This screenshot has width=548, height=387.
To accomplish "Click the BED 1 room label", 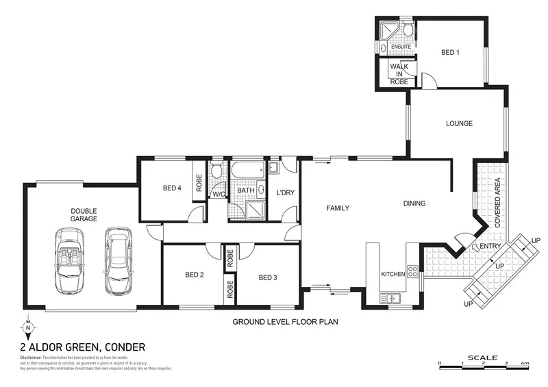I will (x=450, y=52).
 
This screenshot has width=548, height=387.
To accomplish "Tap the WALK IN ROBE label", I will (x=399, y=74).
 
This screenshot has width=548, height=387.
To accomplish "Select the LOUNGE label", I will (x=459, y=124).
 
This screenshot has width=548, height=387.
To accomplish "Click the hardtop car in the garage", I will (x=117, y=260).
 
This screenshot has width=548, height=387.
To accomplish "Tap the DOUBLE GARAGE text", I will (x=83, y=215).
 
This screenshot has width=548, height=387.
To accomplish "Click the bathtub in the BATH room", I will (x=247, y=169).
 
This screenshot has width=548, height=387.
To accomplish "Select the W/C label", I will (x=218, y=194).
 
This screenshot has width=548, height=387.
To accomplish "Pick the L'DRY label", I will (x=285, y=192).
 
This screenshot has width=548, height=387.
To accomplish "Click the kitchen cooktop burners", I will (x=412, y=271).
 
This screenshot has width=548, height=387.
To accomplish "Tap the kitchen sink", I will (x=394, y=298).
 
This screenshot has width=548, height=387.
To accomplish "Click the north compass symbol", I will (x=27, y=327).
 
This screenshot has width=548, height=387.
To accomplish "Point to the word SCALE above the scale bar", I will (x=484, y=357).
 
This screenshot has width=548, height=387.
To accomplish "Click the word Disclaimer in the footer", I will (x=31, y=358).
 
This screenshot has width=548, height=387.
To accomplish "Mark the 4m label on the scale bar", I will (x=525, y=362).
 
